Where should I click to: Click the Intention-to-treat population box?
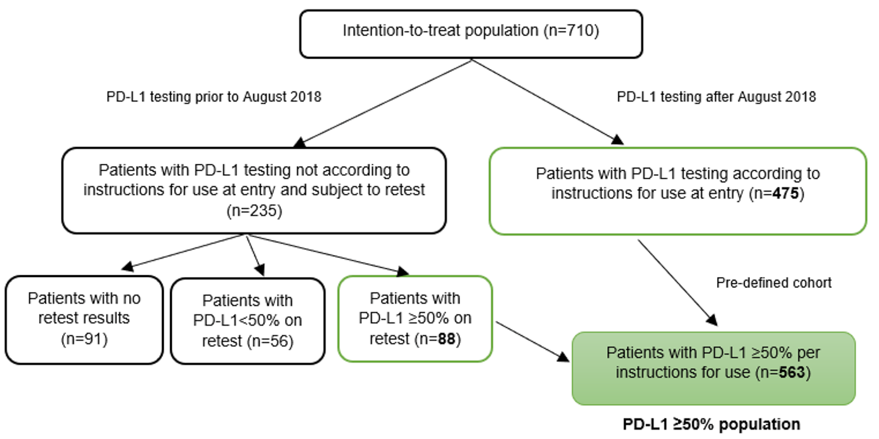[x=471, y=33]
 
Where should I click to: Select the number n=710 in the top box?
[x=571, y=30]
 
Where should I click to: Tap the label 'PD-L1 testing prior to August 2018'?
[x=214, y=97]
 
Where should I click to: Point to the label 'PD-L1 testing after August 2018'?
[x=716, y=97]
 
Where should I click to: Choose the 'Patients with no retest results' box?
[x=84, y=319]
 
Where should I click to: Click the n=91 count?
[x=84, y=339]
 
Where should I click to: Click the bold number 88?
[x=445, y=339]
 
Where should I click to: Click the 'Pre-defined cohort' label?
[x=773, y=283]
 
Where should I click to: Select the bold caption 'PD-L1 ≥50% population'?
[x=711, y=425]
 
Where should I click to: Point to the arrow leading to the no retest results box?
[x=184, y=251]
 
